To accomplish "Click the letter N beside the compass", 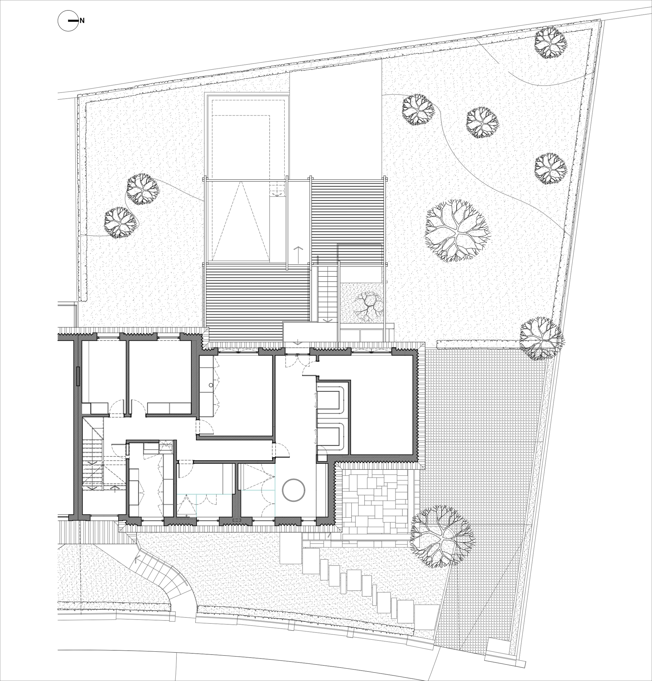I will click(x=82, y=21).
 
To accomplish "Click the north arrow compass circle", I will click(x=68, y=21).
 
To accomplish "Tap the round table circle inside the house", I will click(x=293, y=490).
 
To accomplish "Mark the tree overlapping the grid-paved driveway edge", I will click(x=442, y=536).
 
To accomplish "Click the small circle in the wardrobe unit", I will click(x=211, y=385).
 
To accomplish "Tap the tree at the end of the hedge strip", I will click(x=541, y=338).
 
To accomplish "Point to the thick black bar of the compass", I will click(x=73, y=21).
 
